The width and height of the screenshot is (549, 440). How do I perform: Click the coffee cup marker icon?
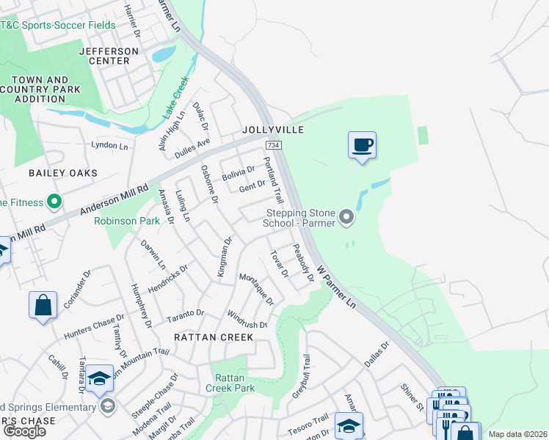pyautogui.click(x=362, y=144)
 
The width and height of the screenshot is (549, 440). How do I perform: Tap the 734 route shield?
pyautogui.click(x=273, y=146)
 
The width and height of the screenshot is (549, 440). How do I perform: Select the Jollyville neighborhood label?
pyautogui.click(x=273, y=130)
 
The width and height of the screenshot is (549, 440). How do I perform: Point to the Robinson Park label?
pyautogui.click(x=127, y=220)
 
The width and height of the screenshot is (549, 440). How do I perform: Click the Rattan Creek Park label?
pyautogui.click(x=229, y=383)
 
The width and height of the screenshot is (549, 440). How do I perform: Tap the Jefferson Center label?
pyautogui.click(x=109, y=56)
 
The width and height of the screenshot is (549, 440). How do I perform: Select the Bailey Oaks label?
pyautogui.click(x=62, y=173)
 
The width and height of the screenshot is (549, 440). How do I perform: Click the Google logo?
pyautogui.click(x=24, y=431)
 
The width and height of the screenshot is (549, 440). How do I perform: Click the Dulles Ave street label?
pyautogui.click(x=192, y=149)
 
